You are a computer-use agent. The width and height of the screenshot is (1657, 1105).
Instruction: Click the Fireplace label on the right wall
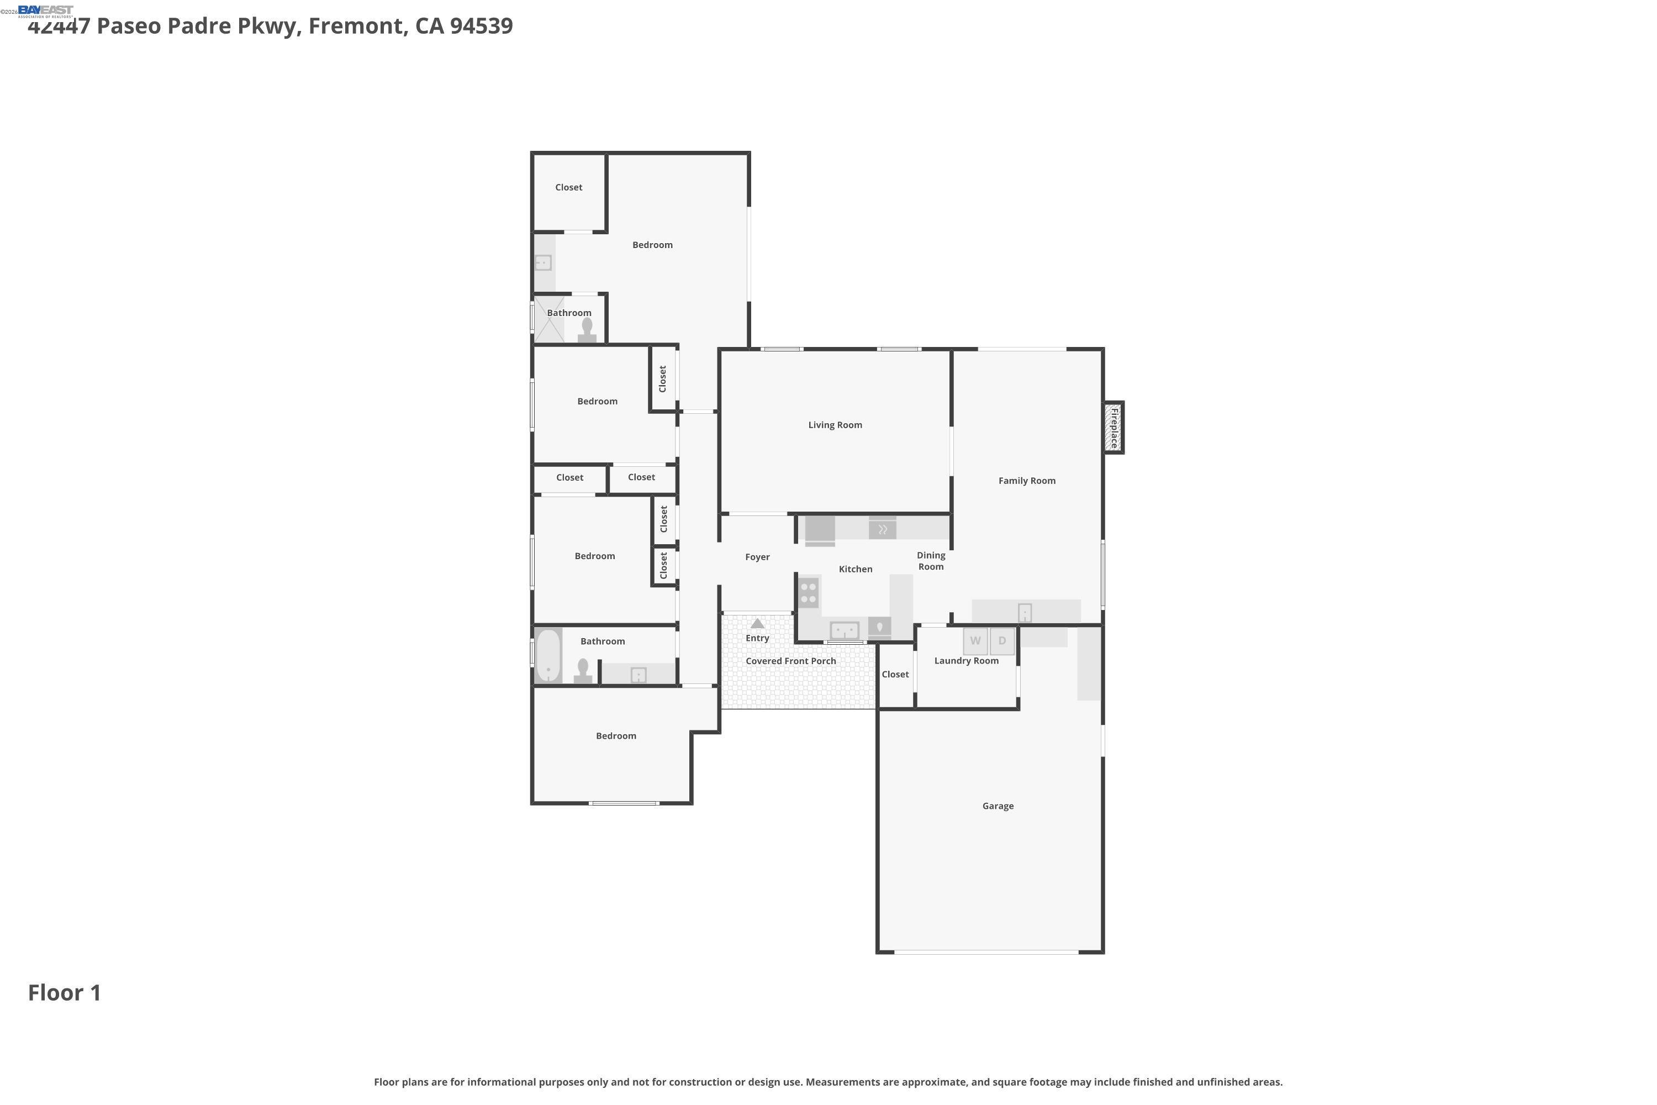(1114, 428)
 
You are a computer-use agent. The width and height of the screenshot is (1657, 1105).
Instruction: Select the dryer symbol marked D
(1002, 640)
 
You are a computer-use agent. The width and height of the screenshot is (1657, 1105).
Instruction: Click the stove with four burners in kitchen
(809, 592)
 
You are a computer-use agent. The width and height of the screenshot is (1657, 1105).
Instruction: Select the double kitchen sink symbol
(844, 629)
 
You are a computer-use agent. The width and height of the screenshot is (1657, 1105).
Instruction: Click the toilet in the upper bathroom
(587, 330)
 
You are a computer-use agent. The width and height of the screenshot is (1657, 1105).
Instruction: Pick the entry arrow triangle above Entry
(757, 624)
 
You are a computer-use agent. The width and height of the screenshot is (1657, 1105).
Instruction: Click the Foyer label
(757, 557)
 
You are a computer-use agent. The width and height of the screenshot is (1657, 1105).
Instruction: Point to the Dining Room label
(931, 561)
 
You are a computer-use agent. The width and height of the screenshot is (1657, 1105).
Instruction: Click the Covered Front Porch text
(790, 661)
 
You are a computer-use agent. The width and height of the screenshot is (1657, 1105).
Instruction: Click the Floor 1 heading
(65, 992)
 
